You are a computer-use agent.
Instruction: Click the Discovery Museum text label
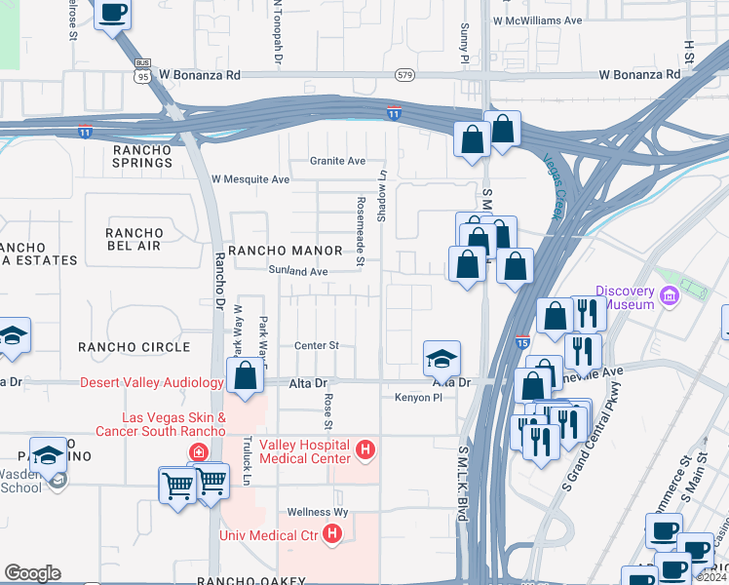point(629,296)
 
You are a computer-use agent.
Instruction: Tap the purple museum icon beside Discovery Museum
point(669,295)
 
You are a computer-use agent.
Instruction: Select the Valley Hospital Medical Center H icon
point(365,449)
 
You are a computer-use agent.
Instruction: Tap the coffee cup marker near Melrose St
point(113,13)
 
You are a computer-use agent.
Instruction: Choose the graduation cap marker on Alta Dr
point(441,358)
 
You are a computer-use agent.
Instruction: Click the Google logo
point(32,572)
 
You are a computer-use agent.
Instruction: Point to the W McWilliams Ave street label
point(537,19)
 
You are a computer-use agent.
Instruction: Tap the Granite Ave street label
point(337,161)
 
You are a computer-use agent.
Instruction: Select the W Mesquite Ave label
point(250,179)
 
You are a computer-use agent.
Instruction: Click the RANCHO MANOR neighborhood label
point(272,251)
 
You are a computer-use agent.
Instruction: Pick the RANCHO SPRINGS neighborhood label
point(142,156)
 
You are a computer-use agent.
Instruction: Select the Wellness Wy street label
point(317,512)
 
